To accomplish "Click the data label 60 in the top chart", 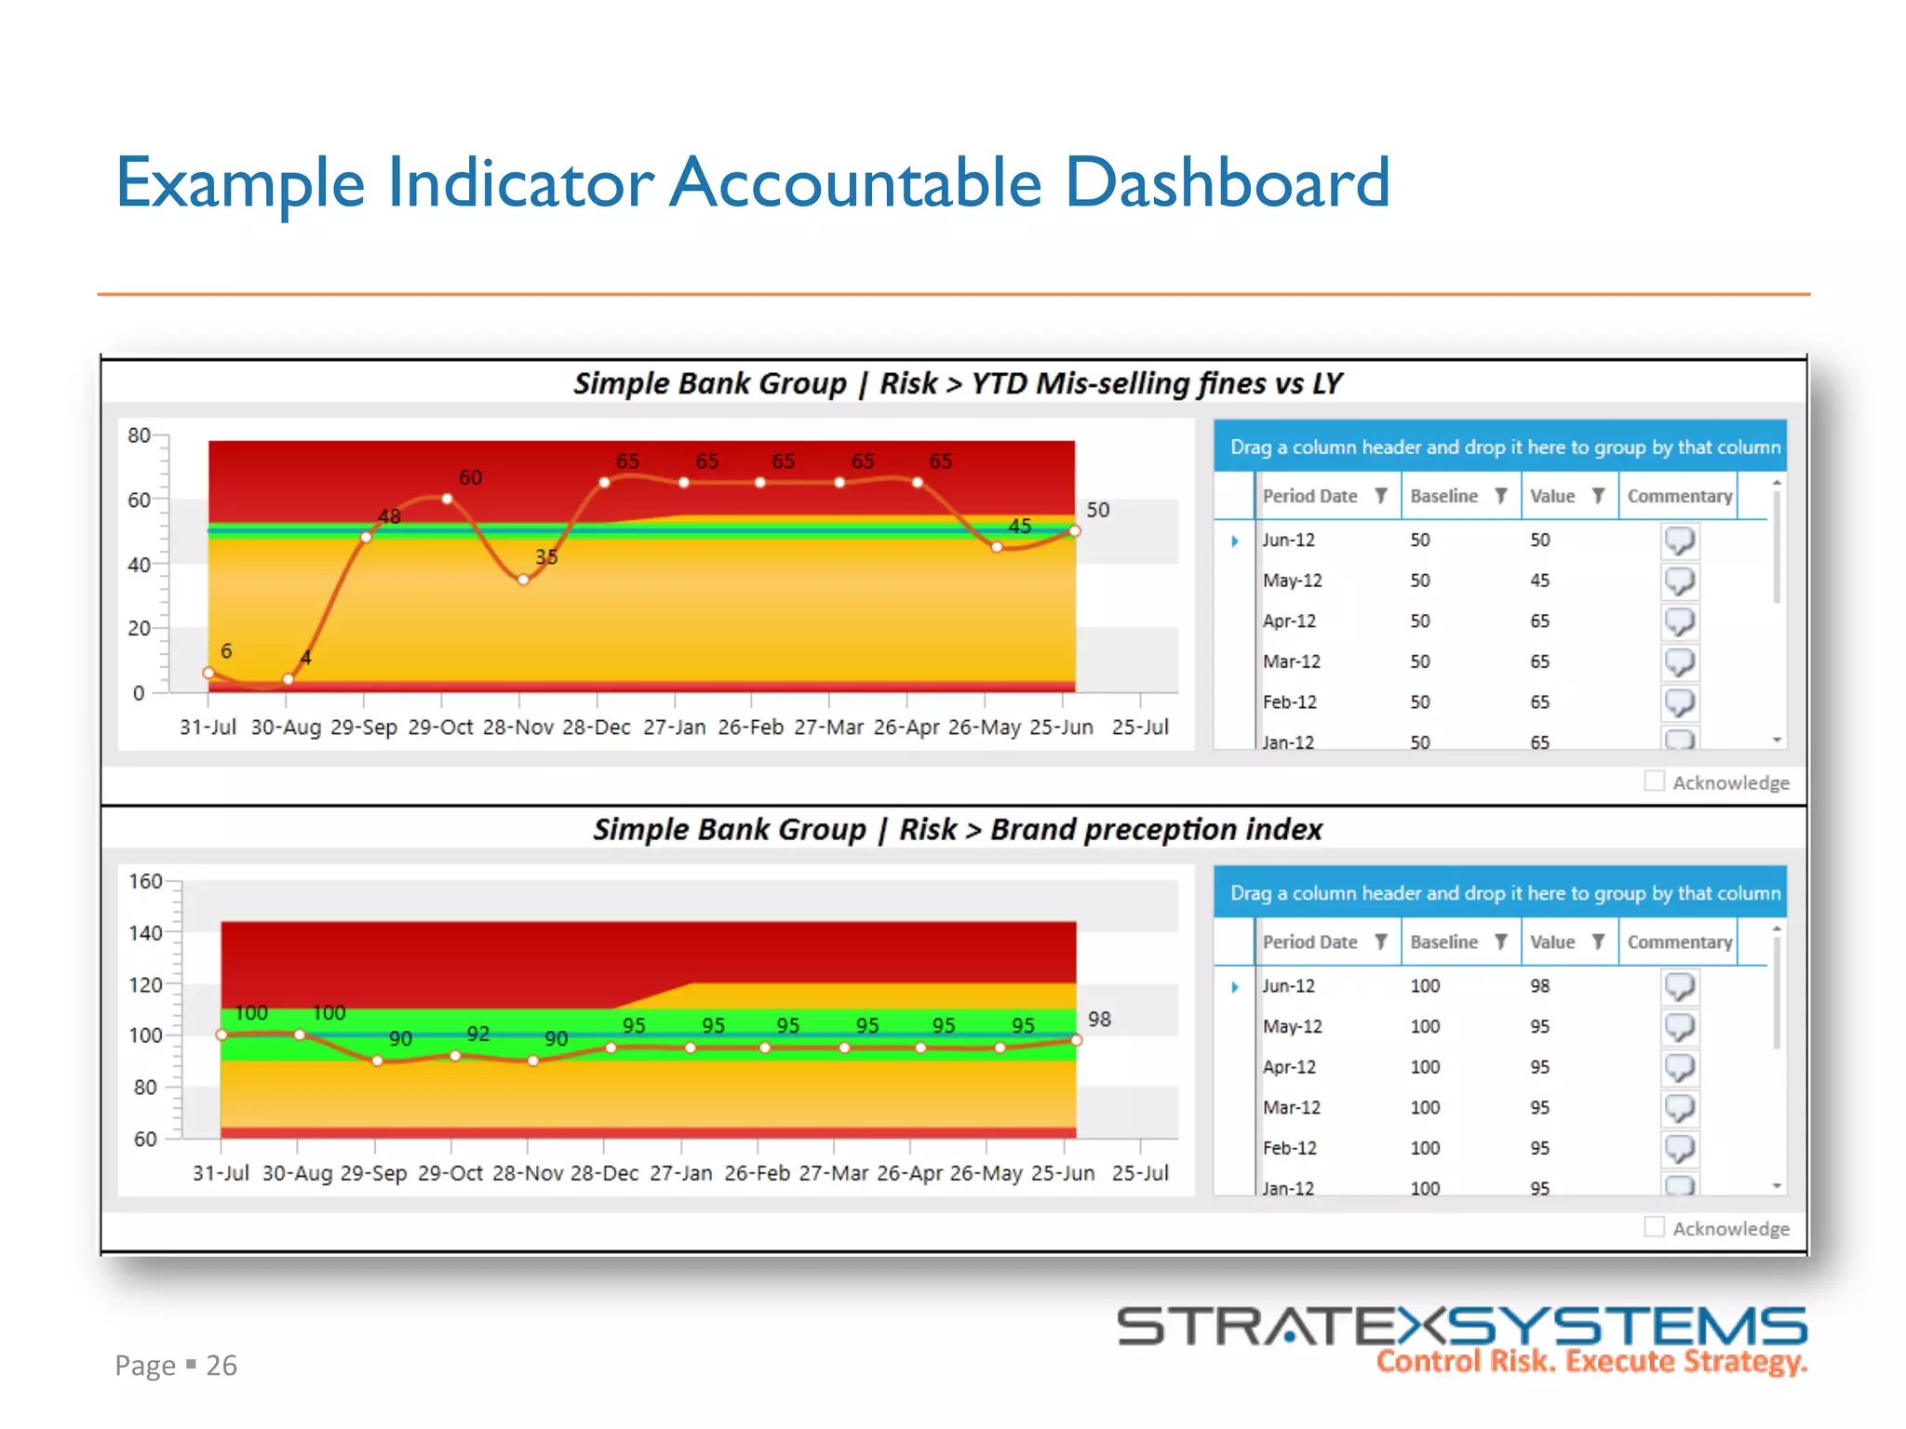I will coord(470,477).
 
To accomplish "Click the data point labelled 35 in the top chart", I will coord(524,580).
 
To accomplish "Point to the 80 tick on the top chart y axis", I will coord(139,435).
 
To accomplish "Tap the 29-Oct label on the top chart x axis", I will coord(440,728).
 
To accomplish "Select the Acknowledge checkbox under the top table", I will coord(1654,781).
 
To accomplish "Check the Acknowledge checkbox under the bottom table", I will coord(1654,1227).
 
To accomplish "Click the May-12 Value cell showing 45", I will coord(1539,581).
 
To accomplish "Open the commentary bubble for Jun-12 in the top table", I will coord(1679,540).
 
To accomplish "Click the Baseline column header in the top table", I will coord(1443,496).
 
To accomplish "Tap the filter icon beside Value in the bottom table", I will coord(1598,942).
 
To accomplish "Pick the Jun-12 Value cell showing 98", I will coord(1539,985).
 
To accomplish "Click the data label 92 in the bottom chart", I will coord(477,1034).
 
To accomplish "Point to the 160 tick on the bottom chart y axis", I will coord(145,881).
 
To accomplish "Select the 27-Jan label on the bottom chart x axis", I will coord(680,1173).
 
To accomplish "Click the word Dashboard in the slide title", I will coord(1226,182).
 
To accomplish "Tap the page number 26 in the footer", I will coord(221,1365).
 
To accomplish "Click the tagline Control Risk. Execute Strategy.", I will coord(1591,1361).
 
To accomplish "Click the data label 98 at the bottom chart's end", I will coord(1099,1019).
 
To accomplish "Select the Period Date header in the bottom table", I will coord(1309,942).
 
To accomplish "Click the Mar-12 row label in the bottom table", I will coord(1291,1107).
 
